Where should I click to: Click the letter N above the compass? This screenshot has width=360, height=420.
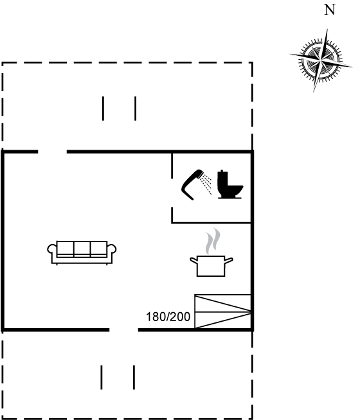(x=330, y=10)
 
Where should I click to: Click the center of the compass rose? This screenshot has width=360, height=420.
(x=321, y=60)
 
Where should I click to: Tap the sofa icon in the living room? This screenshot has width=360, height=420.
(x=82, y=252)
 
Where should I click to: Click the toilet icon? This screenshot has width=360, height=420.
(x=230, y=184)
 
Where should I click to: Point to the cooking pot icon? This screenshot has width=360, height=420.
(x=212, y=266)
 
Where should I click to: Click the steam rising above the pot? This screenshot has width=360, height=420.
(x=213, y=241)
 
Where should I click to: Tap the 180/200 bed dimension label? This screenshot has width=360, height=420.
(x=168, y=317)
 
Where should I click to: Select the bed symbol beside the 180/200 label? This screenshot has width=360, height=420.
(x=222, y=311)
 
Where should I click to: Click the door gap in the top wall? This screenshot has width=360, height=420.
(x=52, y=152)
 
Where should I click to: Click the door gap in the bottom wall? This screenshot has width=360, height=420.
(x=123, y=329)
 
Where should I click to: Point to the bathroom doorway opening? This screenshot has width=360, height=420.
(x=172, y=193)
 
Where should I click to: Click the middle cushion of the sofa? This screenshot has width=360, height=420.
(x=82, y=248)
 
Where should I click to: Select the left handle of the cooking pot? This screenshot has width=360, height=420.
(x=194, y=260)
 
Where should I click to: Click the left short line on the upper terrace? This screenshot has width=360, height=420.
(x=104, y=109)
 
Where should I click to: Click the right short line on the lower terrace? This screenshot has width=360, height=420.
(x=134, y=377)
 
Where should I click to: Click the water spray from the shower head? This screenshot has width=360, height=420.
(x=207, y=184)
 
